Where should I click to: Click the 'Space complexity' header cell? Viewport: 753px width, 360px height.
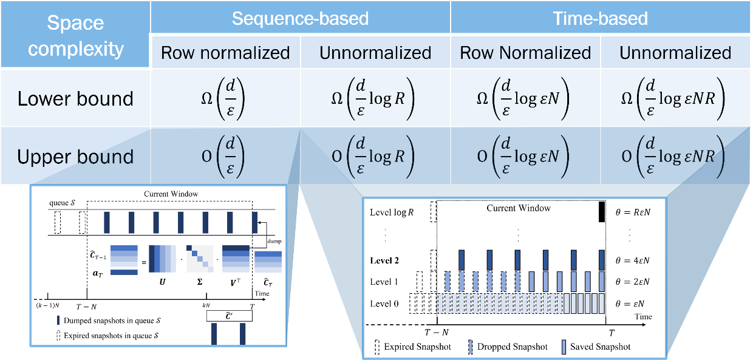(x=76, y=35)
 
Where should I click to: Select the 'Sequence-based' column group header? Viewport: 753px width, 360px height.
(x=300, y=18)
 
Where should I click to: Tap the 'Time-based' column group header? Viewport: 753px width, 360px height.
(x=600, y=18)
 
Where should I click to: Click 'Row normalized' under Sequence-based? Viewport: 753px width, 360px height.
(x=225, y=53)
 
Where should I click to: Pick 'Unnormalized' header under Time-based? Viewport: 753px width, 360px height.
(x=675, y=53)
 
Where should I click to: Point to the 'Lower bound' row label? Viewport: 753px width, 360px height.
(x=75, y=98)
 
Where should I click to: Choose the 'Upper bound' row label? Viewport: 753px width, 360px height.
(x=75, y=157)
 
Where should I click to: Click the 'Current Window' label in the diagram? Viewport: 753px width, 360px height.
(x=171, y=194)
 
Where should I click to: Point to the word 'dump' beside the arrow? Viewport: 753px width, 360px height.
(x=273, y=242)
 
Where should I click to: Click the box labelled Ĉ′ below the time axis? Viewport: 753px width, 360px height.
(x=229, y=316)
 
